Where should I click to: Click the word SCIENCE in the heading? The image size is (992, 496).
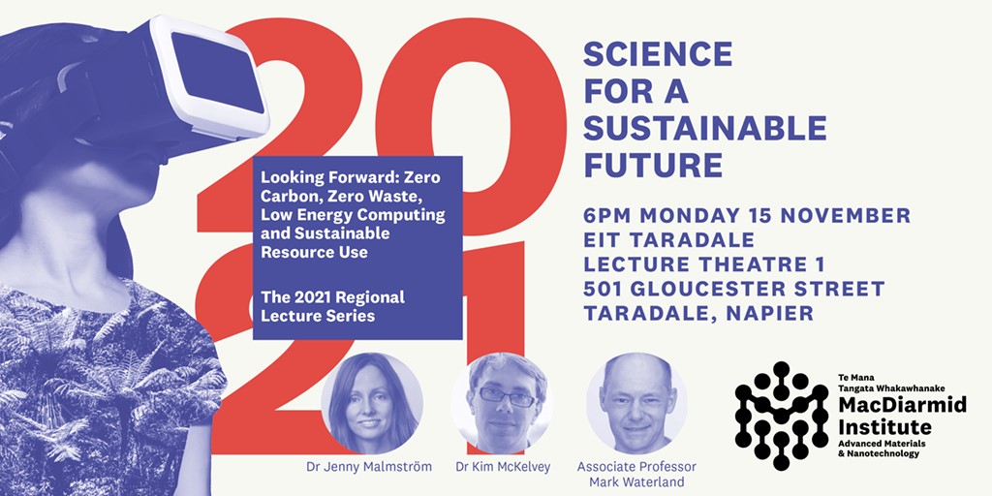pyautogui.click(x=658, y=54)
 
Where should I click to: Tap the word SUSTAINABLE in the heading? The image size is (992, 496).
pyautogui.click(x=705, y=129)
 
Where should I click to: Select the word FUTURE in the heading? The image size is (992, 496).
pyautogui.click(x=653, y=165)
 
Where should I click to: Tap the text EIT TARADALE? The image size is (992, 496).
pyautogui.click(x=668, y=240)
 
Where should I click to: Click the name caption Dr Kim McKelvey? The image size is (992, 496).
pyautogui.click(x=503, y=468)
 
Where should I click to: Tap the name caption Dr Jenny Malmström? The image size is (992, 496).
pyautogui.click(x=369, y=468)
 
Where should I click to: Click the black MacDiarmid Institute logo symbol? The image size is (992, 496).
pyautogui.click(x=782, y=416)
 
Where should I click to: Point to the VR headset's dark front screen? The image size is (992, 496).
pyautogui.click(x=218, y=73)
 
